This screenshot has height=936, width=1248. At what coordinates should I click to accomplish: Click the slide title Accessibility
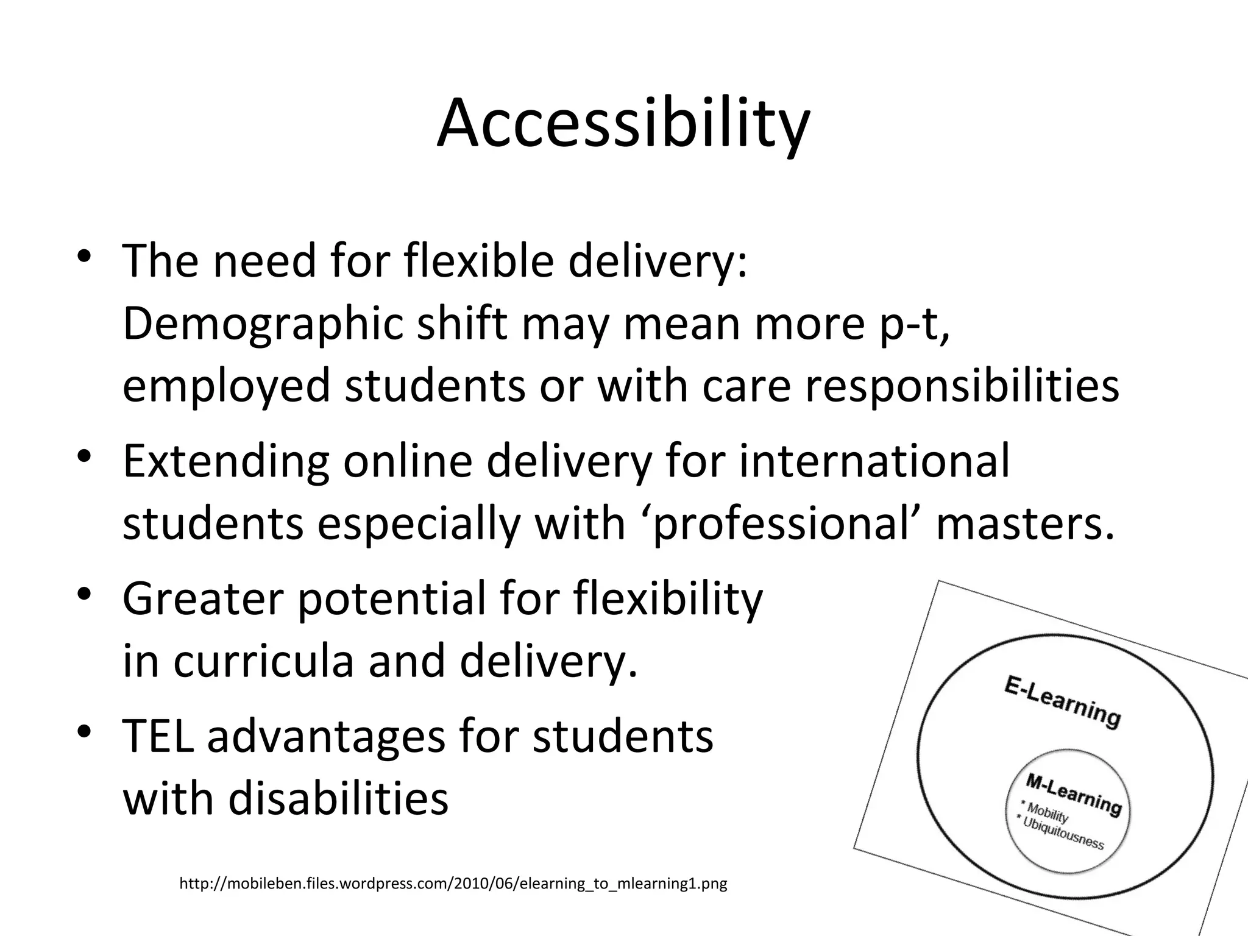click(623, 124)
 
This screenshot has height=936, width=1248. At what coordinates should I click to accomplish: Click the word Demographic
click(262, 324)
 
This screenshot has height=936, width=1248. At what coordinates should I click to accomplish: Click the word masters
click(1025, 524)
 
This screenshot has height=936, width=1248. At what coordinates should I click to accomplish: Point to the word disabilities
click(338, 799)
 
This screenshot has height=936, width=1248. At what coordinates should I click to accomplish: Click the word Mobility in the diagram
click(1047, 813)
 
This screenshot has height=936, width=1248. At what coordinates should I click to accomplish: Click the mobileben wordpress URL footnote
click(453, 884)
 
